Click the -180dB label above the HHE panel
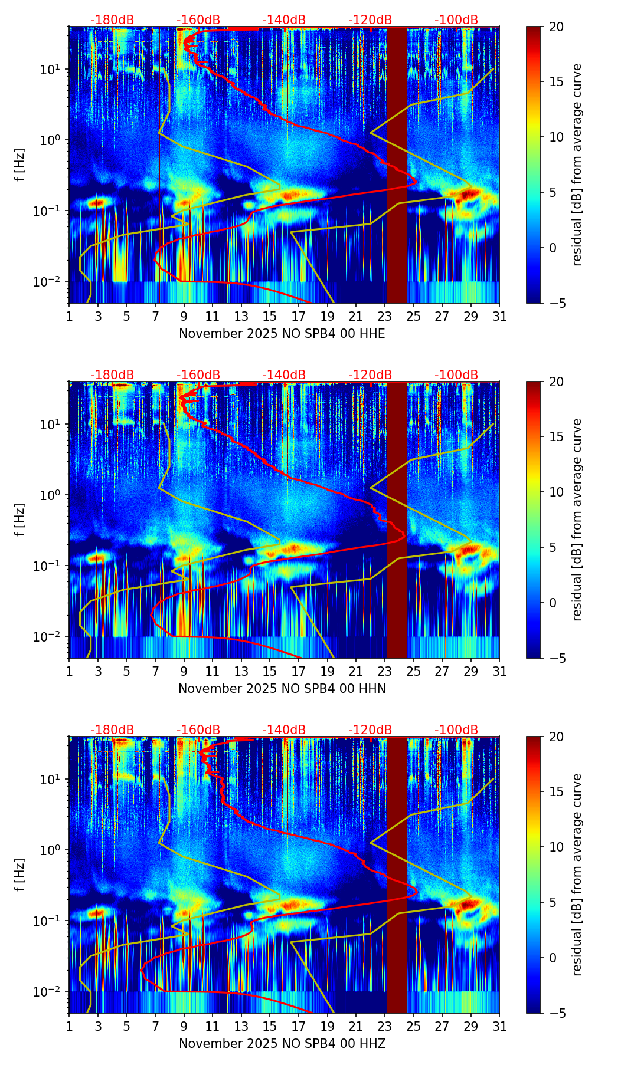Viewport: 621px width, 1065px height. point(112,20)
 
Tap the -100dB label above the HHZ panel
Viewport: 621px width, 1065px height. point(456,730)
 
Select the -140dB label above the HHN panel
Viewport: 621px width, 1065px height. point(284,375)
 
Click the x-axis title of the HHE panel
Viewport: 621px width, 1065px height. point(282,334)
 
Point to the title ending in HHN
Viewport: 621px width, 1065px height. point(282,689)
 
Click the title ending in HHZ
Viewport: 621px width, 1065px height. point(282,1044)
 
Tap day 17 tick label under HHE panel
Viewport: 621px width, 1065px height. point(299,316)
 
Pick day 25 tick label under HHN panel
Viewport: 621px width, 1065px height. point(413,671)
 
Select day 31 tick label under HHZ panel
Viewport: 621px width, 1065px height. point(499,1026)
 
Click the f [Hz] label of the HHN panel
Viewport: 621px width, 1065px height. point(20,520)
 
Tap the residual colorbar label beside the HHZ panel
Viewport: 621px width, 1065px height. point(577,875)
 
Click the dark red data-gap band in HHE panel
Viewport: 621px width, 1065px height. point(397,165)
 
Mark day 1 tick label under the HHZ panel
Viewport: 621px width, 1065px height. point(70,1026)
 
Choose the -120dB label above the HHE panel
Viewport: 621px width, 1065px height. point(370,20)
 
